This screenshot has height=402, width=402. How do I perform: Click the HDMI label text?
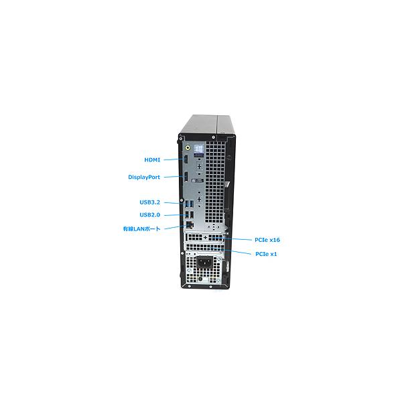point(152,159)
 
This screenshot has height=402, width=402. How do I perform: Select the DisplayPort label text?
point(144,177)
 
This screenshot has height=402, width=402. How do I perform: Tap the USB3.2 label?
point(149,202)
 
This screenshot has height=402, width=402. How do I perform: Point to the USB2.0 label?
point(149,215)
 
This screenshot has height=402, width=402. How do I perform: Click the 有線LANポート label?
point(141,228)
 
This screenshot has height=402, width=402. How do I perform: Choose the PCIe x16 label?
point(267,240)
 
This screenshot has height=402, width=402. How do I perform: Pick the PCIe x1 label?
point(266,254)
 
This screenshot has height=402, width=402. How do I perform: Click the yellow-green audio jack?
point(188,147)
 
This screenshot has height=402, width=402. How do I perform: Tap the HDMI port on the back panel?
point(186,159)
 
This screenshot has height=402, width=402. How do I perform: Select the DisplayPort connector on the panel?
point(186,177)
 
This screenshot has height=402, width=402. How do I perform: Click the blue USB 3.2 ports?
point(190,204)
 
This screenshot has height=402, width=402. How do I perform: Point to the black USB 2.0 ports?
point(190,215)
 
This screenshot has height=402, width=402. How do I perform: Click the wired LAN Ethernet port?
point(190,225)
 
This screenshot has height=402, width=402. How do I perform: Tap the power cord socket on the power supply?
point(204,262)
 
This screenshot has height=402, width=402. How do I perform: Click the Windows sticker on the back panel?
point(199,151)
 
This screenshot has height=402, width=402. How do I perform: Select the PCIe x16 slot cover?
point(204,237)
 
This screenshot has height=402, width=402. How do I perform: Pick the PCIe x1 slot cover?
point(204,247)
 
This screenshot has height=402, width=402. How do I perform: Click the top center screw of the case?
point(213,137)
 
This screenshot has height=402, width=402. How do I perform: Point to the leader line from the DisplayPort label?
point(174,177)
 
